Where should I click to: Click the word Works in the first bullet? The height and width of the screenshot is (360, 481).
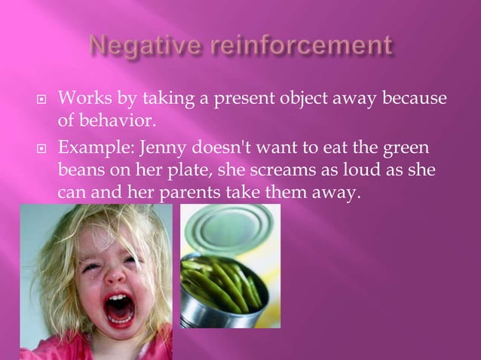pyautogui.click(x=81, y=99)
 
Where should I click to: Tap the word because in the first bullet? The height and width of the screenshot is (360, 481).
pyautogui.click(x=411, y=99)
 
